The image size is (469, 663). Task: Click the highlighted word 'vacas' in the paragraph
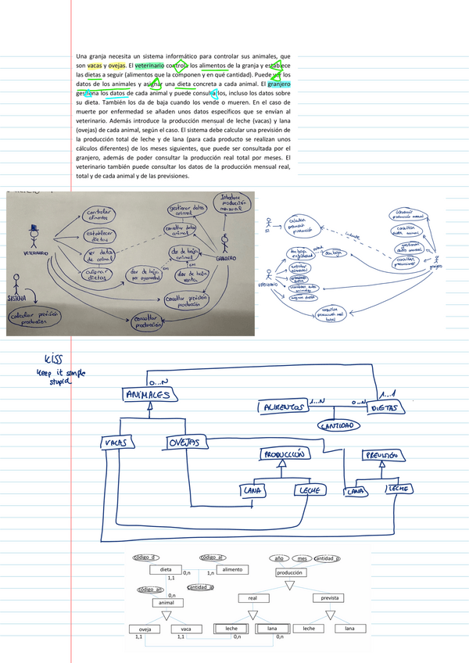click(95, 66)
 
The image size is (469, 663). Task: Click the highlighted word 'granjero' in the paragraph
click(281, 82)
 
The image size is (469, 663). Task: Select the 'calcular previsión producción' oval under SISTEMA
click(35, 319)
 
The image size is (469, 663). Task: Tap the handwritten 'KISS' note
click(52, 360)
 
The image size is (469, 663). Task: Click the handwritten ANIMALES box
click(147, 396)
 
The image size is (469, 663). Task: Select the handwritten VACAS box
click(118, 443)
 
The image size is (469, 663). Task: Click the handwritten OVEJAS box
click(188, 443)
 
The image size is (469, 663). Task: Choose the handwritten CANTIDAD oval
click(338, 426)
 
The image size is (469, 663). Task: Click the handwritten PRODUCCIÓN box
click(286, 453)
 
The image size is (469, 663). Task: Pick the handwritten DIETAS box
click(388, 407)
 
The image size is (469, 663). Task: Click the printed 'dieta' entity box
click(165, 570)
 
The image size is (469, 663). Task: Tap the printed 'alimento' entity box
click(232, 570)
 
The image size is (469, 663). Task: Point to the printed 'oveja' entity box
click(144, 629)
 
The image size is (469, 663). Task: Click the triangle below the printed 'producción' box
click(290, 585)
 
